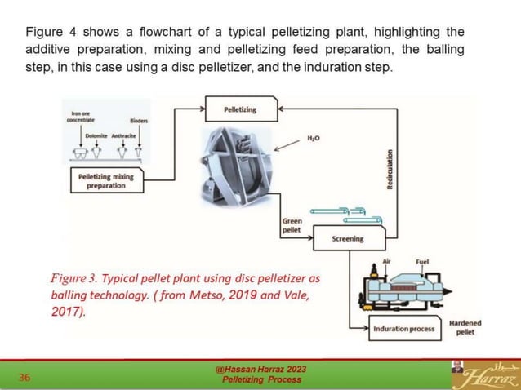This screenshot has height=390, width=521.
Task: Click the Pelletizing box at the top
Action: click(240, 108)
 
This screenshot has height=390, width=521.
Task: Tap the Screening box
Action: click(348, 239)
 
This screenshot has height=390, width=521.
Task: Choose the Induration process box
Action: click(403, 329)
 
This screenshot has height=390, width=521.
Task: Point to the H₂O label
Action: click(313, 140)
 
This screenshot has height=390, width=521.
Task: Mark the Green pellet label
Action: click(292, 225)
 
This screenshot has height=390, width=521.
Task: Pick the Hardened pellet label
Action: click(465, 327)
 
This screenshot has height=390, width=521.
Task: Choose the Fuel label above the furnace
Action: click(421, 262)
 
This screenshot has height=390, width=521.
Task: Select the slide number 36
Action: click(24, 377)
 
